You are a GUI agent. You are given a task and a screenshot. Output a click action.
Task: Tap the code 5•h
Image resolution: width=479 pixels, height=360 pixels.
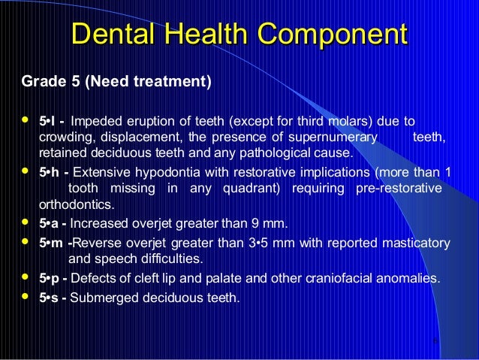pos(50,172)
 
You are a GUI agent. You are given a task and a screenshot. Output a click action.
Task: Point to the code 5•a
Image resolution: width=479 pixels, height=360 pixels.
pos(50,223)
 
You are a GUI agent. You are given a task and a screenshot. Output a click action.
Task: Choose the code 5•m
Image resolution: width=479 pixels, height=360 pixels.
pos(52,243)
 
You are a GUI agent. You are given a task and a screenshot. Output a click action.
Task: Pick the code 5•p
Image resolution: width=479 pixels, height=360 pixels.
pos(50,278)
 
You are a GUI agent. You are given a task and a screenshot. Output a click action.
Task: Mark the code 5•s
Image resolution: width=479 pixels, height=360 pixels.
pos(50,298)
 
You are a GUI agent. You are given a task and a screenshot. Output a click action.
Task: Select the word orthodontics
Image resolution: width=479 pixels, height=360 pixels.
pos(77,204)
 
